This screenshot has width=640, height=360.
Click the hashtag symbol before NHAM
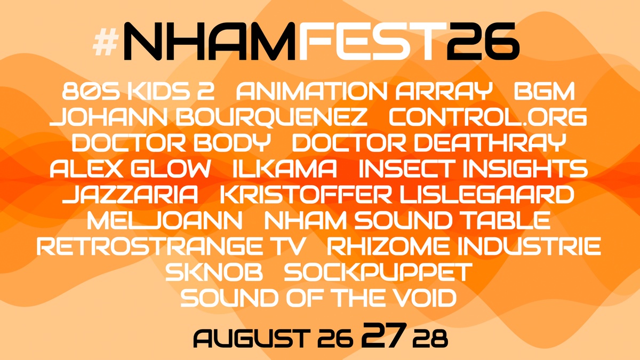106,42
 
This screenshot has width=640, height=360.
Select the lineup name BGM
545,91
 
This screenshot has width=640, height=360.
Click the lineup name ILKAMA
285,169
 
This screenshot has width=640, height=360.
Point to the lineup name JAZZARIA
130,195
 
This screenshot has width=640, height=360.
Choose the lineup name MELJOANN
165,220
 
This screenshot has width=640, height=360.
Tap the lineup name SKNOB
214,271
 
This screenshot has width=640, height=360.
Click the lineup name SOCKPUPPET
378,271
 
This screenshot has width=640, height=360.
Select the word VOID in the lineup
417,298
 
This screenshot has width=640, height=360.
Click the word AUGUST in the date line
252,338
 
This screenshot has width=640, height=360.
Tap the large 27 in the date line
384,334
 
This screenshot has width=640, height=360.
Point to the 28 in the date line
430,339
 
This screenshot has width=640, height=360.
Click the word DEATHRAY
490,142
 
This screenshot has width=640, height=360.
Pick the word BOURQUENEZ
271,117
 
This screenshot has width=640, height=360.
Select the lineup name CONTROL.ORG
488,117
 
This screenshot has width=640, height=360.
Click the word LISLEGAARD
486,195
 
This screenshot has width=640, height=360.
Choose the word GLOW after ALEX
171,169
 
